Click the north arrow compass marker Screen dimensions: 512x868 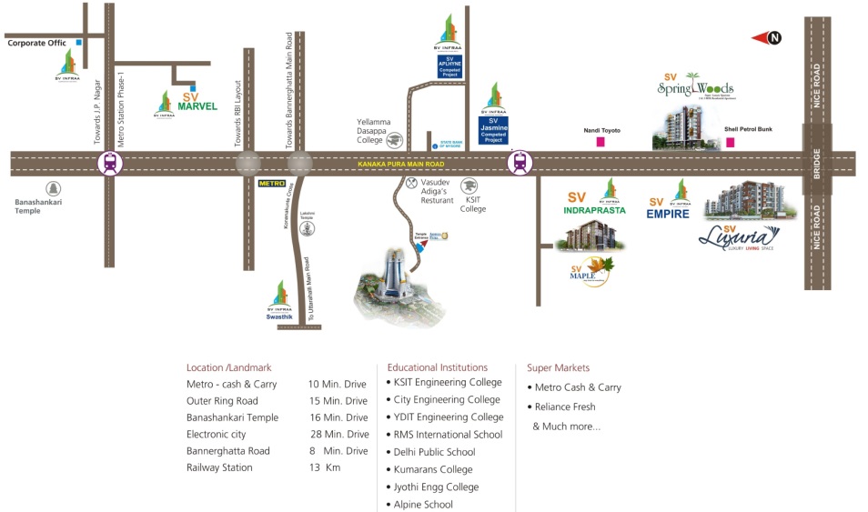click(772, 37)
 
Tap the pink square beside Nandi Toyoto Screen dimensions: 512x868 click(601, 143)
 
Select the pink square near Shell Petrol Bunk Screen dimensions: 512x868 click(730, 143)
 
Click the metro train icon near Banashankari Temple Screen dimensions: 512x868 click(110, 164)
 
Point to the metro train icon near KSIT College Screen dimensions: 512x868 click(520, 163)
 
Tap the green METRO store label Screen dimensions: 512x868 click(272, 183)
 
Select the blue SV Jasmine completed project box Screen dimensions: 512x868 click(493, 130)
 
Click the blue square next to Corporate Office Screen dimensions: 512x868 click(80, 42)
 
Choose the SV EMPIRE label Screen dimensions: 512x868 click(669, 214)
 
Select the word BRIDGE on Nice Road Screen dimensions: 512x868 click(816, 164)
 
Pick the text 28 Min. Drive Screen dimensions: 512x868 click(338, 434)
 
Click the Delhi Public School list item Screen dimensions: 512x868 click(434, 451)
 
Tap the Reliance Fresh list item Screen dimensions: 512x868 click(565, 407)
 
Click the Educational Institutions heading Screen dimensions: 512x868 click(437, 367)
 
